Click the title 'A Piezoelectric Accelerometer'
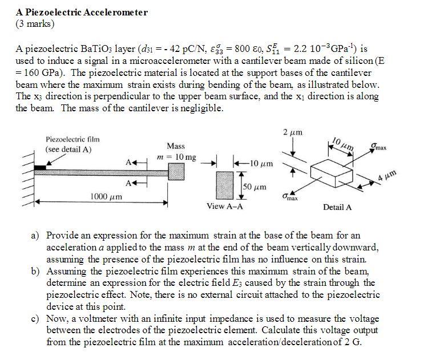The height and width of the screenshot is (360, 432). click(82, 12)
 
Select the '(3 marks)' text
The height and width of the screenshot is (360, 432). click(35, 24)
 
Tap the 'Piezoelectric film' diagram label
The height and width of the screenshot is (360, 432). click(72, 139)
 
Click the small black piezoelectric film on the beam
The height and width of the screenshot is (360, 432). click(40, 168)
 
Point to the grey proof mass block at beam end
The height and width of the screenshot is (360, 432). click(176, 171)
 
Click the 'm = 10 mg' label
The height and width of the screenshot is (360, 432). click(176, 157)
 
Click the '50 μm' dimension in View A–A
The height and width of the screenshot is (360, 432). click(255, 186)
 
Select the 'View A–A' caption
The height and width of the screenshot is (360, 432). click(225, 206)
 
